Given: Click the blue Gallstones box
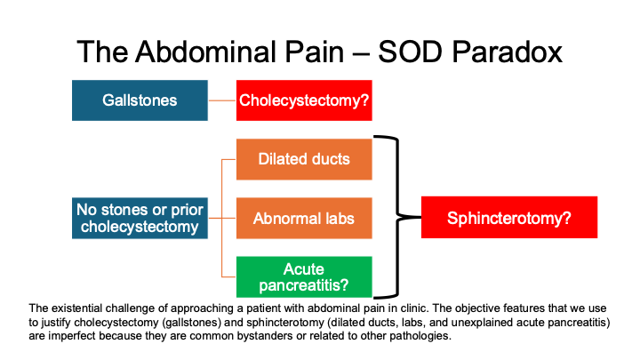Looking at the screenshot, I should pyautogui.click(x=140, y=100).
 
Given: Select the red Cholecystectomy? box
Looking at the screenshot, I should pyautogui.click(x=304, y=100).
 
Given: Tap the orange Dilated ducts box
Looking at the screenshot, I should pyautogui.click(x=304, y=159).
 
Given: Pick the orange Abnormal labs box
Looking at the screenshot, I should pyautogui.click(x=304, y=218).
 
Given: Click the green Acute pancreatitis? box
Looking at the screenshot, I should pyautogui.click(x=304, y=276).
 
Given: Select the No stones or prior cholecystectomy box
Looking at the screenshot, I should pyautogui.click(x=140, y=219).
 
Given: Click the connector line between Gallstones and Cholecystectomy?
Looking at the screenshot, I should pyautogui.click(x=222, y=100).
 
